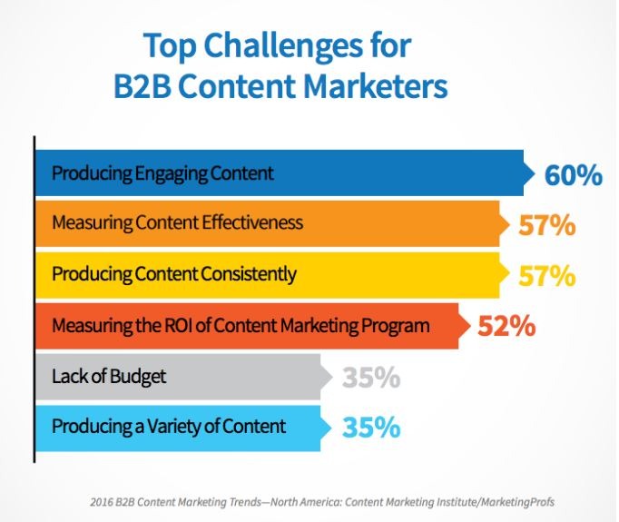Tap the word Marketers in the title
[376, 86]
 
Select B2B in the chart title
[142, 86]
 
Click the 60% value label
[574, 175]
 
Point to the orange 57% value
[547, 225]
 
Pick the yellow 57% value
[547, 276]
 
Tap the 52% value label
[506, 326]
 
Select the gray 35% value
[371, 378]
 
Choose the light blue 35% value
[371, 428]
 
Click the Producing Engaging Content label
[162, 174]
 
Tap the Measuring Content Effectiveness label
[178, 222]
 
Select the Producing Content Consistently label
[174, 274]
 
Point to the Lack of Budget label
[109, 377]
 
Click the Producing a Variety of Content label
[169, 427]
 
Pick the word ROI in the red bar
[172, 326]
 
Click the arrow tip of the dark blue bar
[535, 173]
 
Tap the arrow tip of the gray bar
[332, 377]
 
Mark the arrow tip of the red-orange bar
[470, 326]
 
